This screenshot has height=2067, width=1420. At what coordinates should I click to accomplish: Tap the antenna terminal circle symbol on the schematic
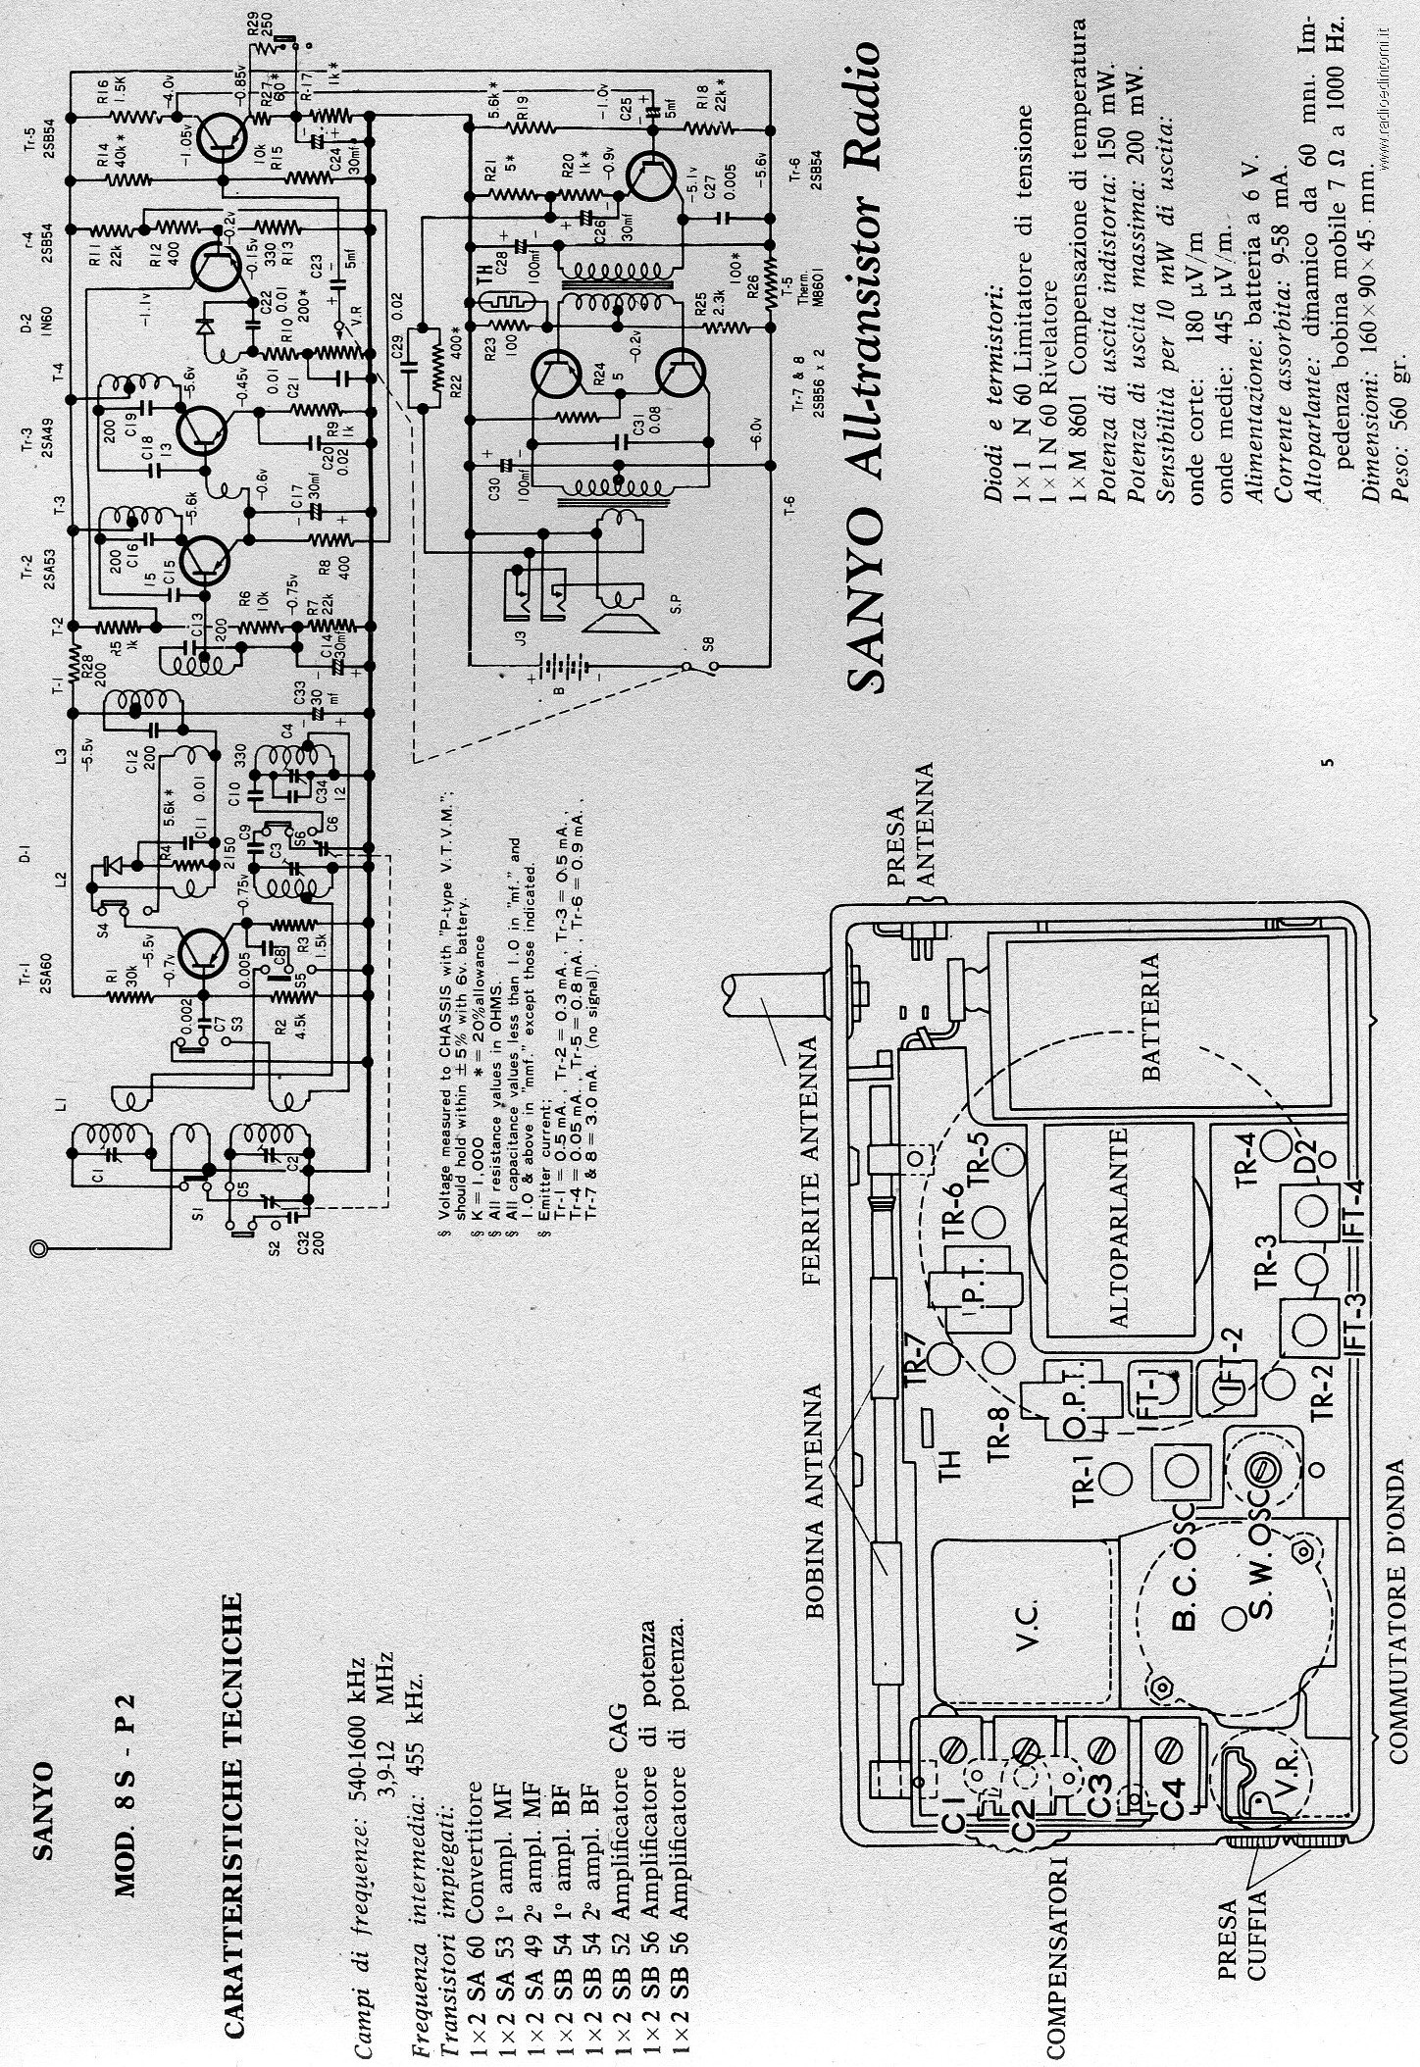pyautogui.click(x=38, y=1248)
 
